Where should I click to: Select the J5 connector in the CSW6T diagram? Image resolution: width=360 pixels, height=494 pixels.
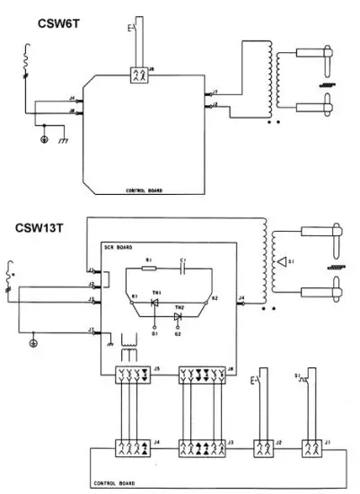137,75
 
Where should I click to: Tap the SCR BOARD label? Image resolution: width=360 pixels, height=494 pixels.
119,246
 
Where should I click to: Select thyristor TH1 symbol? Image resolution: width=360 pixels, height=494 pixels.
154,303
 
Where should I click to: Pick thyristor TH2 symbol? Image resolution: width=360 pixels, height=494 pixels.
179,316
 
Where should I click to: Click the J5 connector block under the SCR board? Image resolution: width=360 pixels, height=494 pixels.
131,371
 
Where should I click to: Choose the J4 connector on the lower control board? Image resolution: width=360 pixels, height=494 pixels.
131,445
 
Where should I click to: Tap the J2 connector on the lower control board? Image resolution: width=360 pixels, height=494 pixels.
263,445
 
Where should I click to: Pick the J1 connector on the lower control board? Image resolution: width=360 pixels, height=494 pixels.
311,445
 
